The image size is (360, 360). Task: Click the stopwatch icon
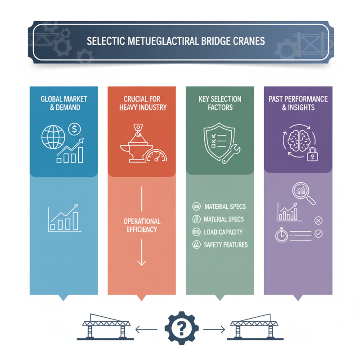point(281,235)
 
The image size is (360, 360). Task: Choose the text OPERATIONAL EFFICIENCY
point(142,225)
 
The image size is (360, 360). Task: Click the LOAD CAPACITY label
point(223,232)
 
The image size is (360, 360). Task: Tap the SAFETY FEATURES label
point(225,245)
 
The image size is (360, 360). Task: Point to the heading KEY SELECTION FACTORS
point(220,103)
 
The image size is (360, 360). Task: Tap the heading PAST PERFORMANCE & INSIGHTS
point(298,103)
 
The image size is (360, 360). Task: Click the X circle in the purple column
point(319,220)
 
